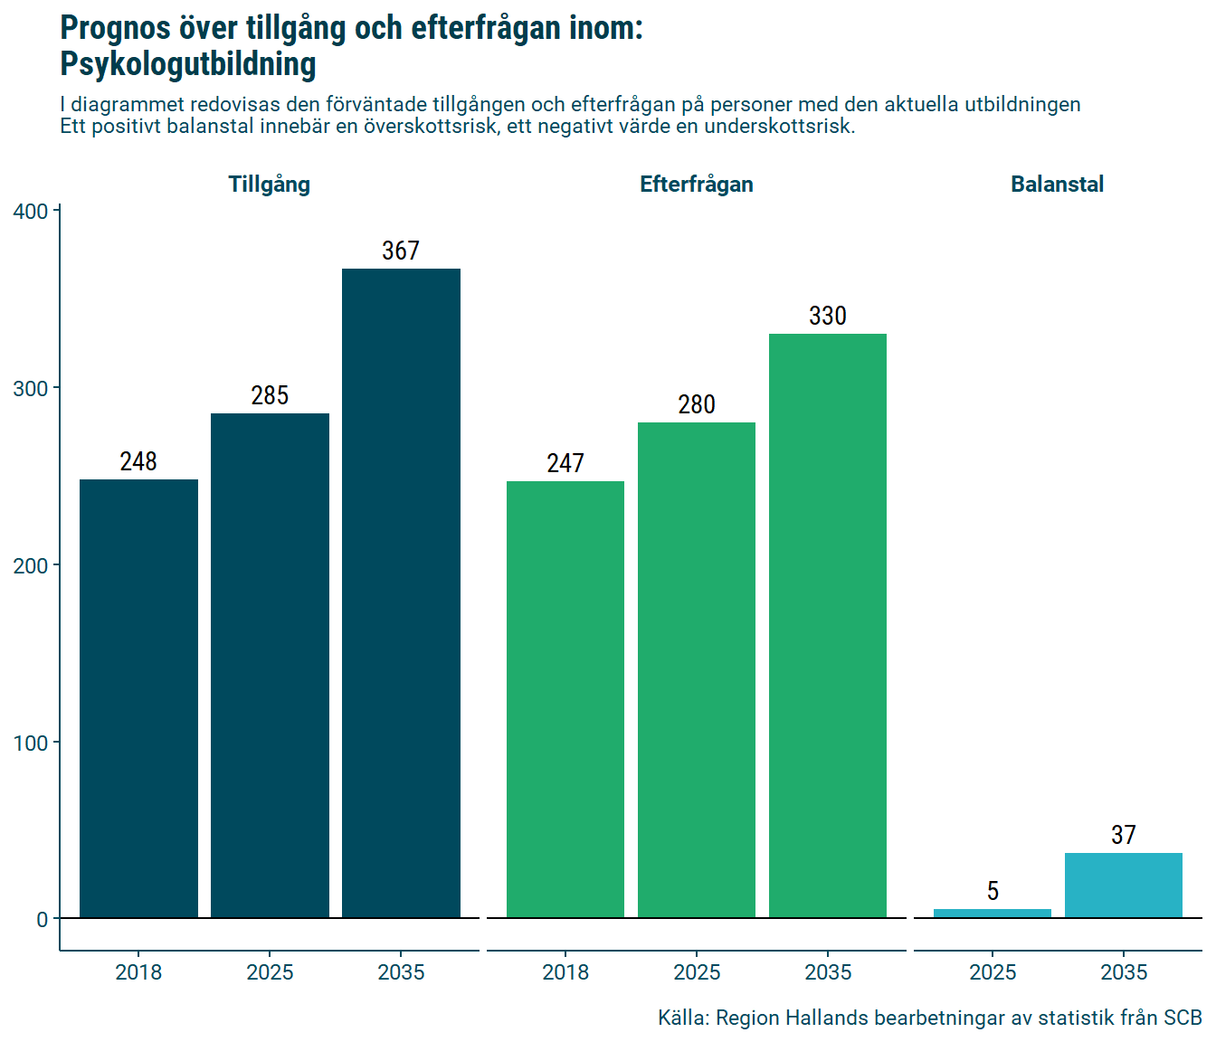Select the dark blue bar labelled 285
270,666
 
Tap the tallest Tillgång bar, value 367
401,593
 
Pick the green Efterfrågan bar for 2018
565,699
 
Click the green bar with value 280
697,670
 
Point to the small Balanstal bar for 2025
993,914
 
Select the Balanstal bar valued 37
1124,886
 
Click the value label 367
401,251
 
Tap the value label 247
565,463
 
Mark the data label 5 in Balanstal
993,891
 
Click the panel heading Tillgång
270,185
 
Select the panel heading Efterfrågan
697,185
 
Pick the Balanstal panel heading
1057,185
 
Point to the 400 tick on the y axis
31,212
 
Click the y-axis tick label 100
31,743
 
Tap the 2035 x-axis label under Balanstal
1124,972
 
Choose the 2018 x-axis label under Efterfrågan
565,972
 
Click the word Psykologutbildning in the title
188,64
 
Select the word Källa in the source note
681,1018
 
